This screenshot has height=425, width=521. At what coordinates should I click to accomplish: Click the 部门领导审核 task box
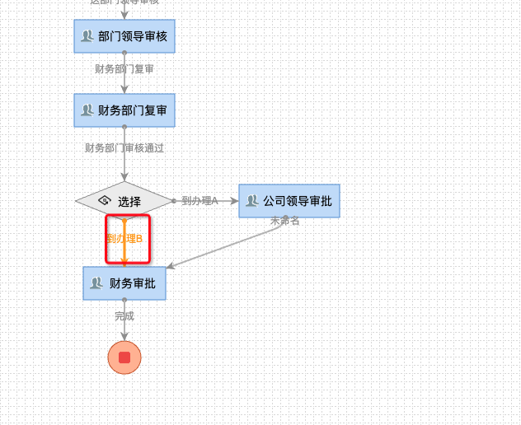(124, 36)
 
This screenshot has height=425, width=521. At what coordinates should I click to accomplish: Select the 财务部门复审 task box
(124, 110)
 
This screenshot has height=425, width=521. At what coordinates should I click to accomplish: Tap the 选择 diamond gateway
(124, 201)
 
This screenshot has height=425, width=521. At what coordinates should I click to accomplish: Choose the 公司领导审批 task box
(289, 201)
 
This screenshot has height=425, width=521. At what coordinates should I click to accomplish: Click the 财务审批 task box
(124, 283)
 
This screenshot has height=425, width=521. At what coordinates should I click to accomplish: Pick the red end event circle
(124, 357)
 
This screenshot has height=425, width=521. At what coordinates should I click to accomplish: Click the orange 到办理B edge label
(124, 239)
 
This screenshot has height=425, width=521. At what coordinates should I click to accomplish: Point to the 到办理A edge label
(199, 201)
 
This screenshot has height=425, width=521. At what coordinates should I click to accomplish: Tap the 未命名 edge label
(284, 221)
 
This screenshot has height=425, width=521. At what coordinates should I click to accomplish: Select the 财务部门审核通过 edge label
(124, 148)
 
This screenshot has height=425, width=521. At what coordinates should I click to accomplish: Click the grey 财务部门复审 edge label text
(124, 69)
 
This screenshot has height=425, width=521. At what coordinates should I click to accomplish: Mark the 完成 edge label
(124, 315)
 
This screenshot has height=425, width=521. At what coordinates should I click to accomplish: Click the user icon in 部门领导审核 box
(87, 36)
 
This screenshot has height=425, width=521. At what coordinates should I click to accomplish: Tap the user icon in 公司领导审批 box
(252, 201)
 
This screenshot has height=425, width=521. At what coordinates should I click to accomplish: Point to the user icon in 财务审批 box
(96, 283)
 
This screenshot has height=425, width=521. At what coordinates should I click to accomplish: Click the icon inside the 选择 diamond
(105, 200)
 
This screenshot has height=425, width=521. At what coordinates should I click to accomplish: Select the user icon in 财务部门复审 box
(87, 110)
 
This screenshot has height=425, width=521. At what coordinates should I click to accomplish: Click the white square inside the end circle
(124, 357)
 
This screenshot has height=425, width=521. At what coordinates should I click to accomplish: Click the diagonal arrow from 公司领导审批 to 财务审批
(223, 245)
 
